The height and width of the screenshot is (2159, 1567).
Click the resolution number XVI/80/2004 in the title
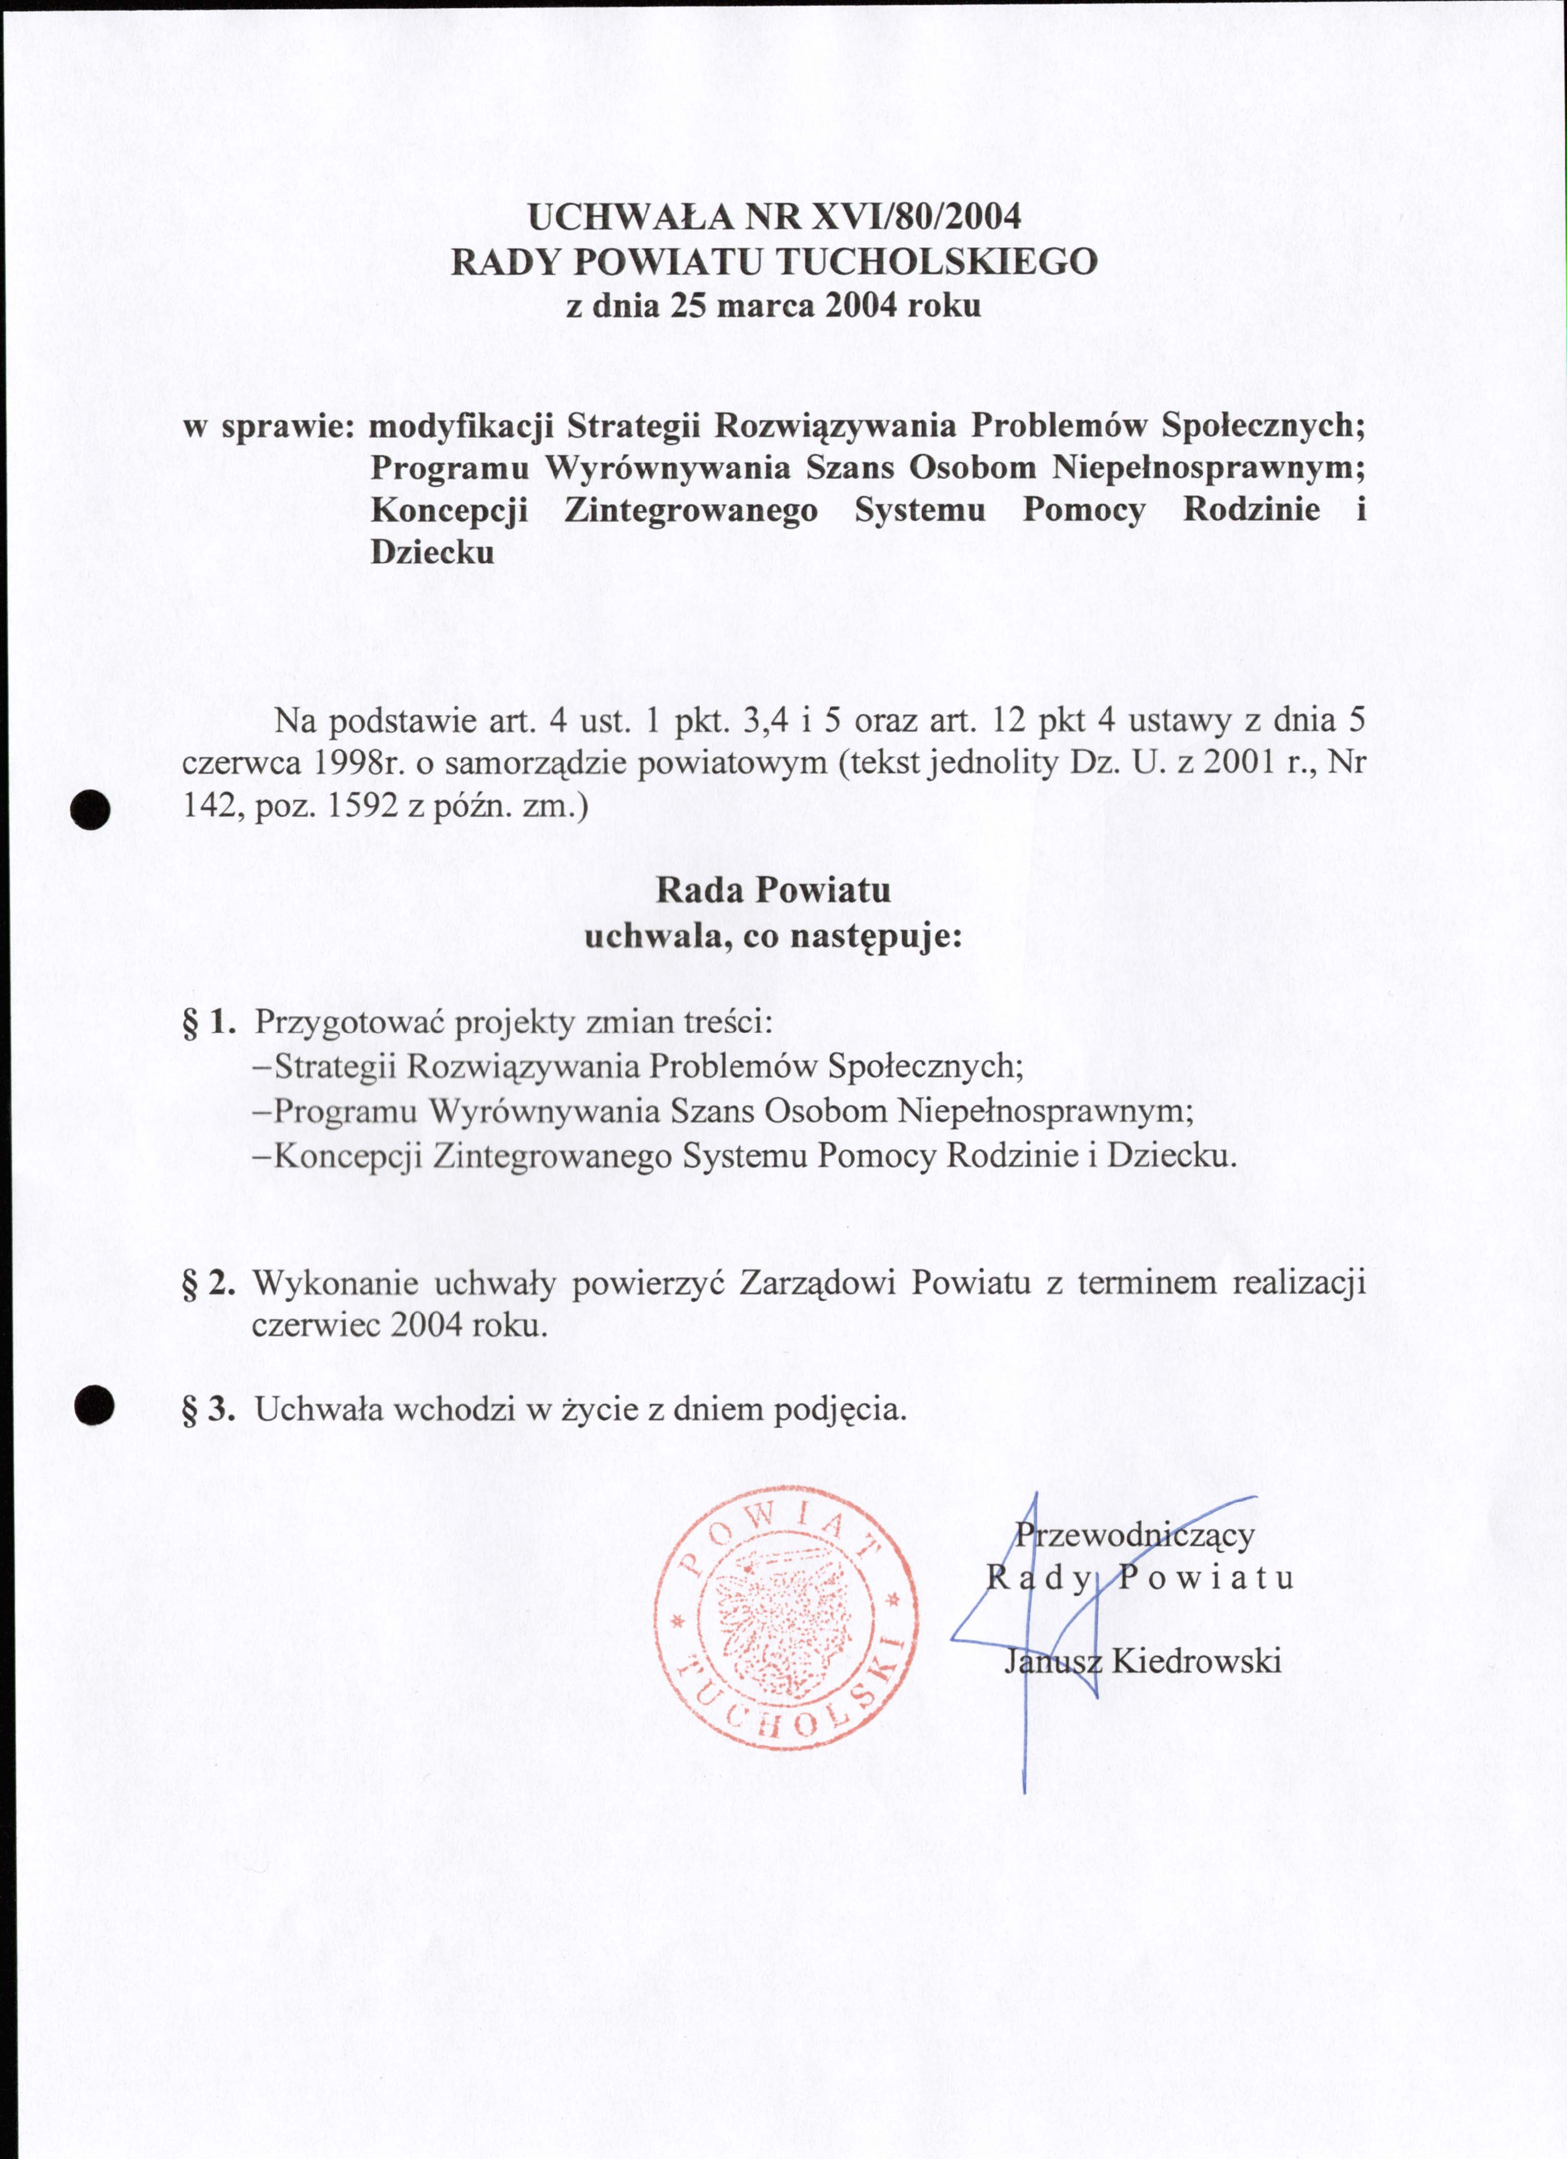(914, 217)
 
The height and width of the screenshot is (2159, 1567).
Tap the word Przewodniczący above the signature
(1134, 1533)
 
